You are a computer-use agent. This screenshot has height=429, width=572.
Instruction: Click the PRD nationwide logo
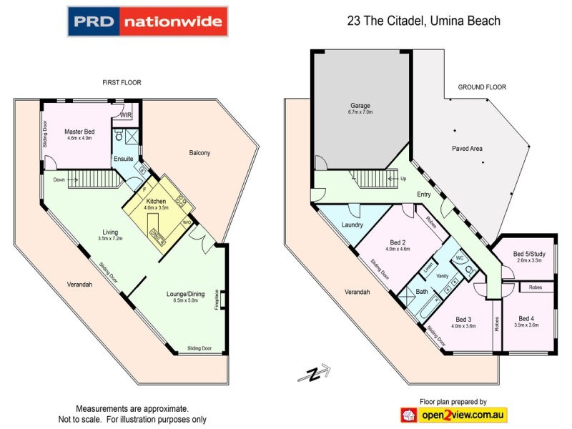point(148,21)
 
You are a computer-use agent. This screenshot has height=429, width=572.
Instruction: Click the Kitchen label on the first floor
point(157,202)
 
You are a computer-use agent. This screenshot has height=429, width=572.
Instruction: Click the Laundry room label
point(353,225)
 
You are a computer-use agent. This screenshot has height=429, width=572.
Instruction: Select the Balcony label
point(199,153)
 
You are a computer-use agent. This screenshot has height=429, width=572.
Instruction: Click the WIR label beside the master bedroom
point(126,115)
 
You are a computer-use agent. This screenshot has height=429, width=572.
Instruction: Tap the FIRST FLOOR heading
point(122,83)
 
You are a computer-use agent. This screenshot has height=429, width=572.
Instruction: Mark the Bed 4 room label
point(527,318)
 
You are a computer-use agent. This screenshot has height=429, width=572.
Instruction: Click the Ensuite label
point(123,158)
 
